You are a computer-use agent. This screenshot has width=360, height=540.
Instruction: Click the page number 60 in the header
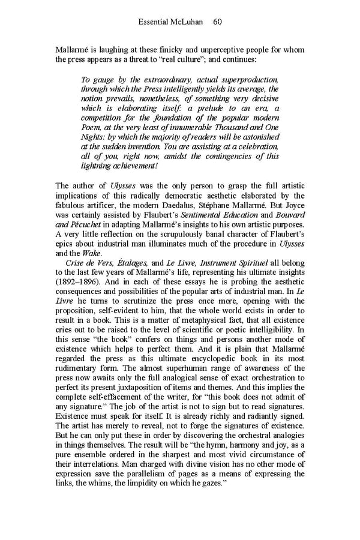pos(218,22)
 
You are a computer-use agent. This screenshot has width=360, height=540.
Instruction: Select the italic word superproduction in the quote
pos(247,80)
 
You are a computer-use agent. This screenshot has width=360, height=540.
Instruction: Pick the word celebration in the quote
pos(254,147)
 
